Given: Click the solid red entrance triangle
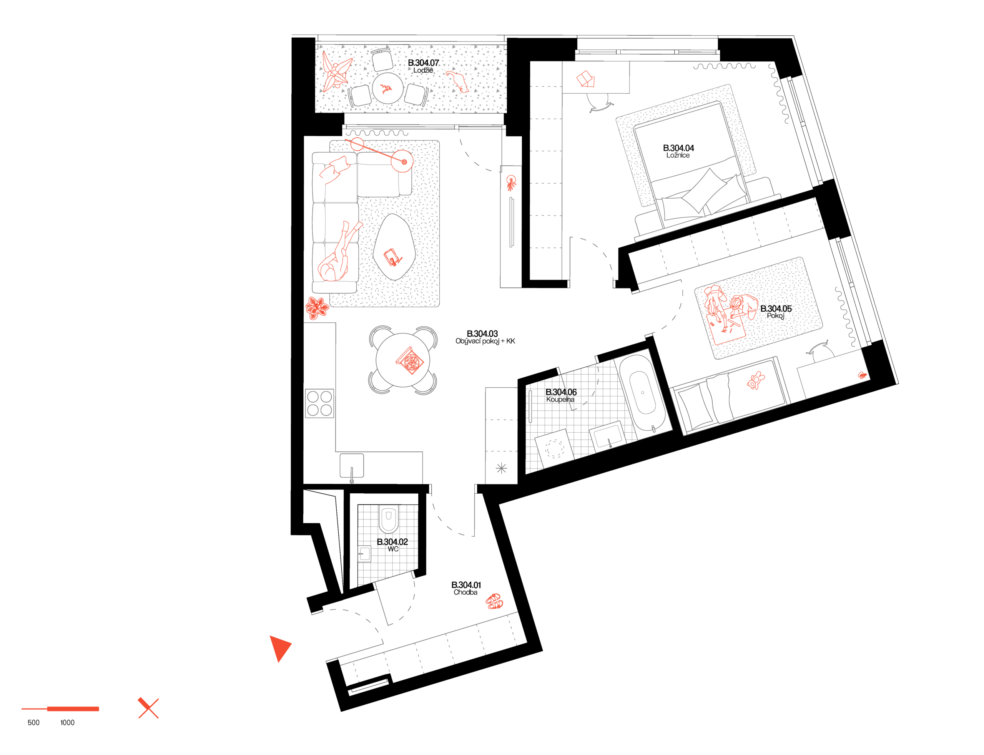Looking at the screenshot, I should [279, 647].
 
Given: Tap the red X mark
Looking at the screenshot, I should [148, 708].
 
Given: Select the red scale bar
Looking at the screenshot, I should [61, 709].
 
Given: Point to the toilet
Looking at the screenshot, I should [388, 519].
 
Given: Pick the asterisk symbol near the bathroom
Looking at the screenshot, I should [501, 468].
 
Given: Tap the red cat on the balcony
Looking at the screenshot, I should [458, 81].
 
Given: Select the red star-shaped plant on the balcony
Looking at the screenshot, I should [336, 72].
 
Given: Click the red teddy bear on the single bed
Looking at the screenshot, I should [756, 381].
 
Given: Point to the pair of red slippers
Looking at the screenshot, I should [494, 601].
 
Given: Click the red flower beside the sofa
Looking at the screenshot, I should [317, 308].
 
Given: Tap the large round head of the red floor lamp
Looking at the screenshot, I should [402, 161].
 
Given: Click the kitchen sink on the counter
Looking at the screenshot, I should [352, 466].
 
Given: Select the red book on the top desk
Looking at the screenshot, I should [586, 80].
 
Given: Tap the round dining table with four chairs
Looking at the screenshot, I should [403, 360].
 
